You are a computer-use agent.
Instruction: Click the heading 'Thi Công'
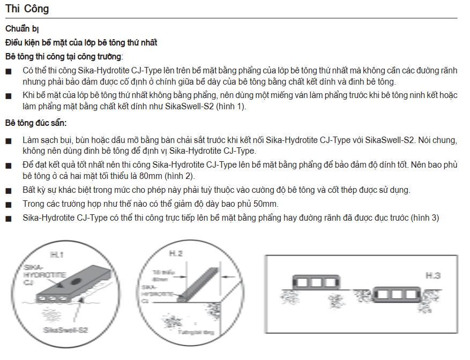coord(28,9)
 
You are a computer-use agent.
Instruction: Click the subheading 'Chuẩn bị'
coord(21,29)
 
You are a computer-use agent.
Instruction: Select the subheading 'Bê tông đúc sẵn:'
coord(36,123)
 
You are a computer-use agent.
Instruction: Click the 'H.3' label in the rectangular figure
coord(433,276)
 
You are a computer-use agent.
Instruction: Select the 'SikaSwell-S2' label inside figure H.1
coord(66,331)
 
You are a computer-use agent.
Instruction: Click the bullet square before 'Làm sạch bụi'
coord(8,141)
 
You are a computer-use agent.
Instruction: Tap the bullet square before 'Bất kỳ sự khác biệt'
coord(8,191)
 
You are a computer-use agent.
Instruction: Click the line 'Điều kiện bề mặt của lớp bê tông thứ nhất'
coord(81,42)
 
